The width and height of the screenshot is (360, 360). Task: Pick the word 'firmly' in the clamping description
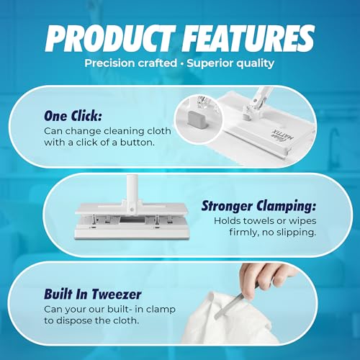[233, 232]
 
